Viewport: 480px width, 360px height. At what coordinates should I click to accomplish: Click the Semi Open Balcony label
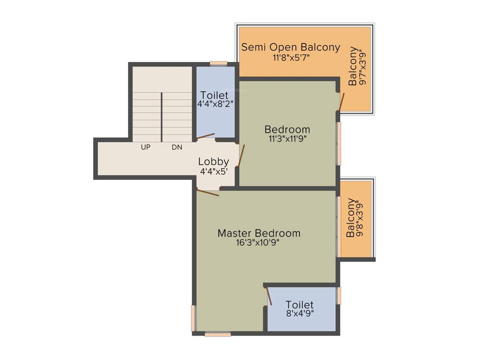point(290,47)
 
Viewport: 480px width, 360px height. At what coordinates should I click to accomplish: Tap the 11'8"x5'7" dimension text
point(291,58)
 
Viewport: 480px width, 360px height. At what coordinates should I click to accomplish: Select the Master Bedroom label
point(259,233)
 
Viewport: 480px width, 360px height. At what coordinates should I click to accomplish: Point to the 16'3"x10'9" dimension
point(259,243)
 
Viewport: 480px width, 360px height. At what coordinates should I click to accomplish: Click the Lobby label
point(213,162)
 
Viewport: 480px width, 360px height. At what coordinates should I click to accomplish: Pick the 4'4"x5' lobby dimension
point(213,172)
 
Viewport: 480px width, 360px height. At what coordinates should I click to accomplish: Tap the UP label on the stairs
point(146,147)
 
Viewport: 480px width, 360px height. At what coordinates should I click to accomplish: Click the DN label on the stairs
point(177,147)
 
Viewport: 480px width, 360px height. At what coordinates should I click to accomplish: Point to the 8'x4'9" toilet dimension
point(300,314)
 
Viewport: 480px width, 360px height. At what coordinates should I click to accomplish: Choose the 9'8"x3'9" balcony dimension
point(360,218)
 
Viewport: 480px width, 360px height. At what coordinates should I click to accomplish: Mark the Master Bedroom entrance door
point(208,192)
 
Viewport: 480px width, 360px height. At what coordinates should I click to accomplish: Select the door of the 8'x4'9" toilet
point(269,296)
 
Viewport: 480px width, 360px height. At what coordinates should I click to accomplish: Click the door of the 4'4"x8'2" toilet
point(205,136)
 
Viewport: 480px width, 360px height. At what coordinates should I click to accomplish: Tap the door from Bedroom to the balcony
point(341,102)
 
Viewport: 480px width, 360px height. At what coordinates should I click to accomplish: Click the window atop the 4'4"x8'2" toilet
point(218,63)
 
